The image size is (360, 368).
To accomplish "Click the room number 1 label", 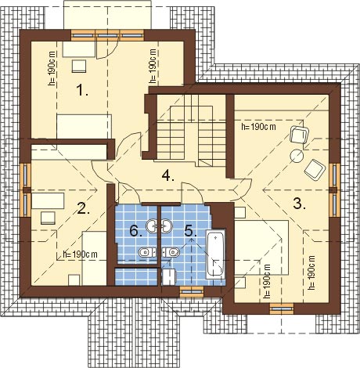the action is (81, 90).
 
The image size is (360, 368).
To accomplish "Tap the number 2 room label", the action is (83, 208).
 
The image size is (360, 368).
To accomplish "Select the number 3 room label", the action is (299, 203).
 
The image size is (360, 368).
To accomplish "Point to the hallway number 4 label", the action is (167, 175).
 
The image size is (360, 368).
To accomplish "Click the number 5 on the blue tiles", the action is (190, 231).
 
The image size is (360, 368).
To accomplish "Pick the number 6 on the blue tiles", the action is (136, 231).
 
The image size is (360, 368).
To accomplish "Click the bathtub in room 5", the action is (215, 254).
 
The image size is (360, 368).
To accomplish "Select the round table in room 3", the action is (297, 156).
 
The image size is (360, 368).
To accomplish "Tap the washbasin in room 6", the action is (151, 225).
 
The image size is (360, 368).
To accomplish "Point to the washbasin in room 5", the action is (167, 225).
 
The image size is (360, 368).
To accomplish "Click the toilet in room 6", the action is (147, 252).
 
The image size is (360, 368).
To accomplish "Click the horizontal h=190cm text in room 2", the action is (81, 254).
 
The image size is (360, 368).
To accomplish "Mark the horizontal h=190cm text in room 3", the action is (259, 127).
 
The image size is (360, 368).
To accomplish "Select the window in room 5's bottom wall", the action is (192, 291).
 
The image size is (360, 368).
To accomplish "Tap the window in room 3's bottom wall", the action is (282, 308).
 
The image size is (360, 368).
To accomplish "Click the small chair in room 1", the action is (79, 67).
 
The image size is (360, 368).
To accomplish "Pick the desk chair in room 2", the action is (48, 218).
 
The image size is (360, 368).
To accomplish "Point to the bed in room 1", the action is (84, 126).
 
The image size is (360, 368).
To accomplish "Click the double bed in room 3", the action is (261, 247).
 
